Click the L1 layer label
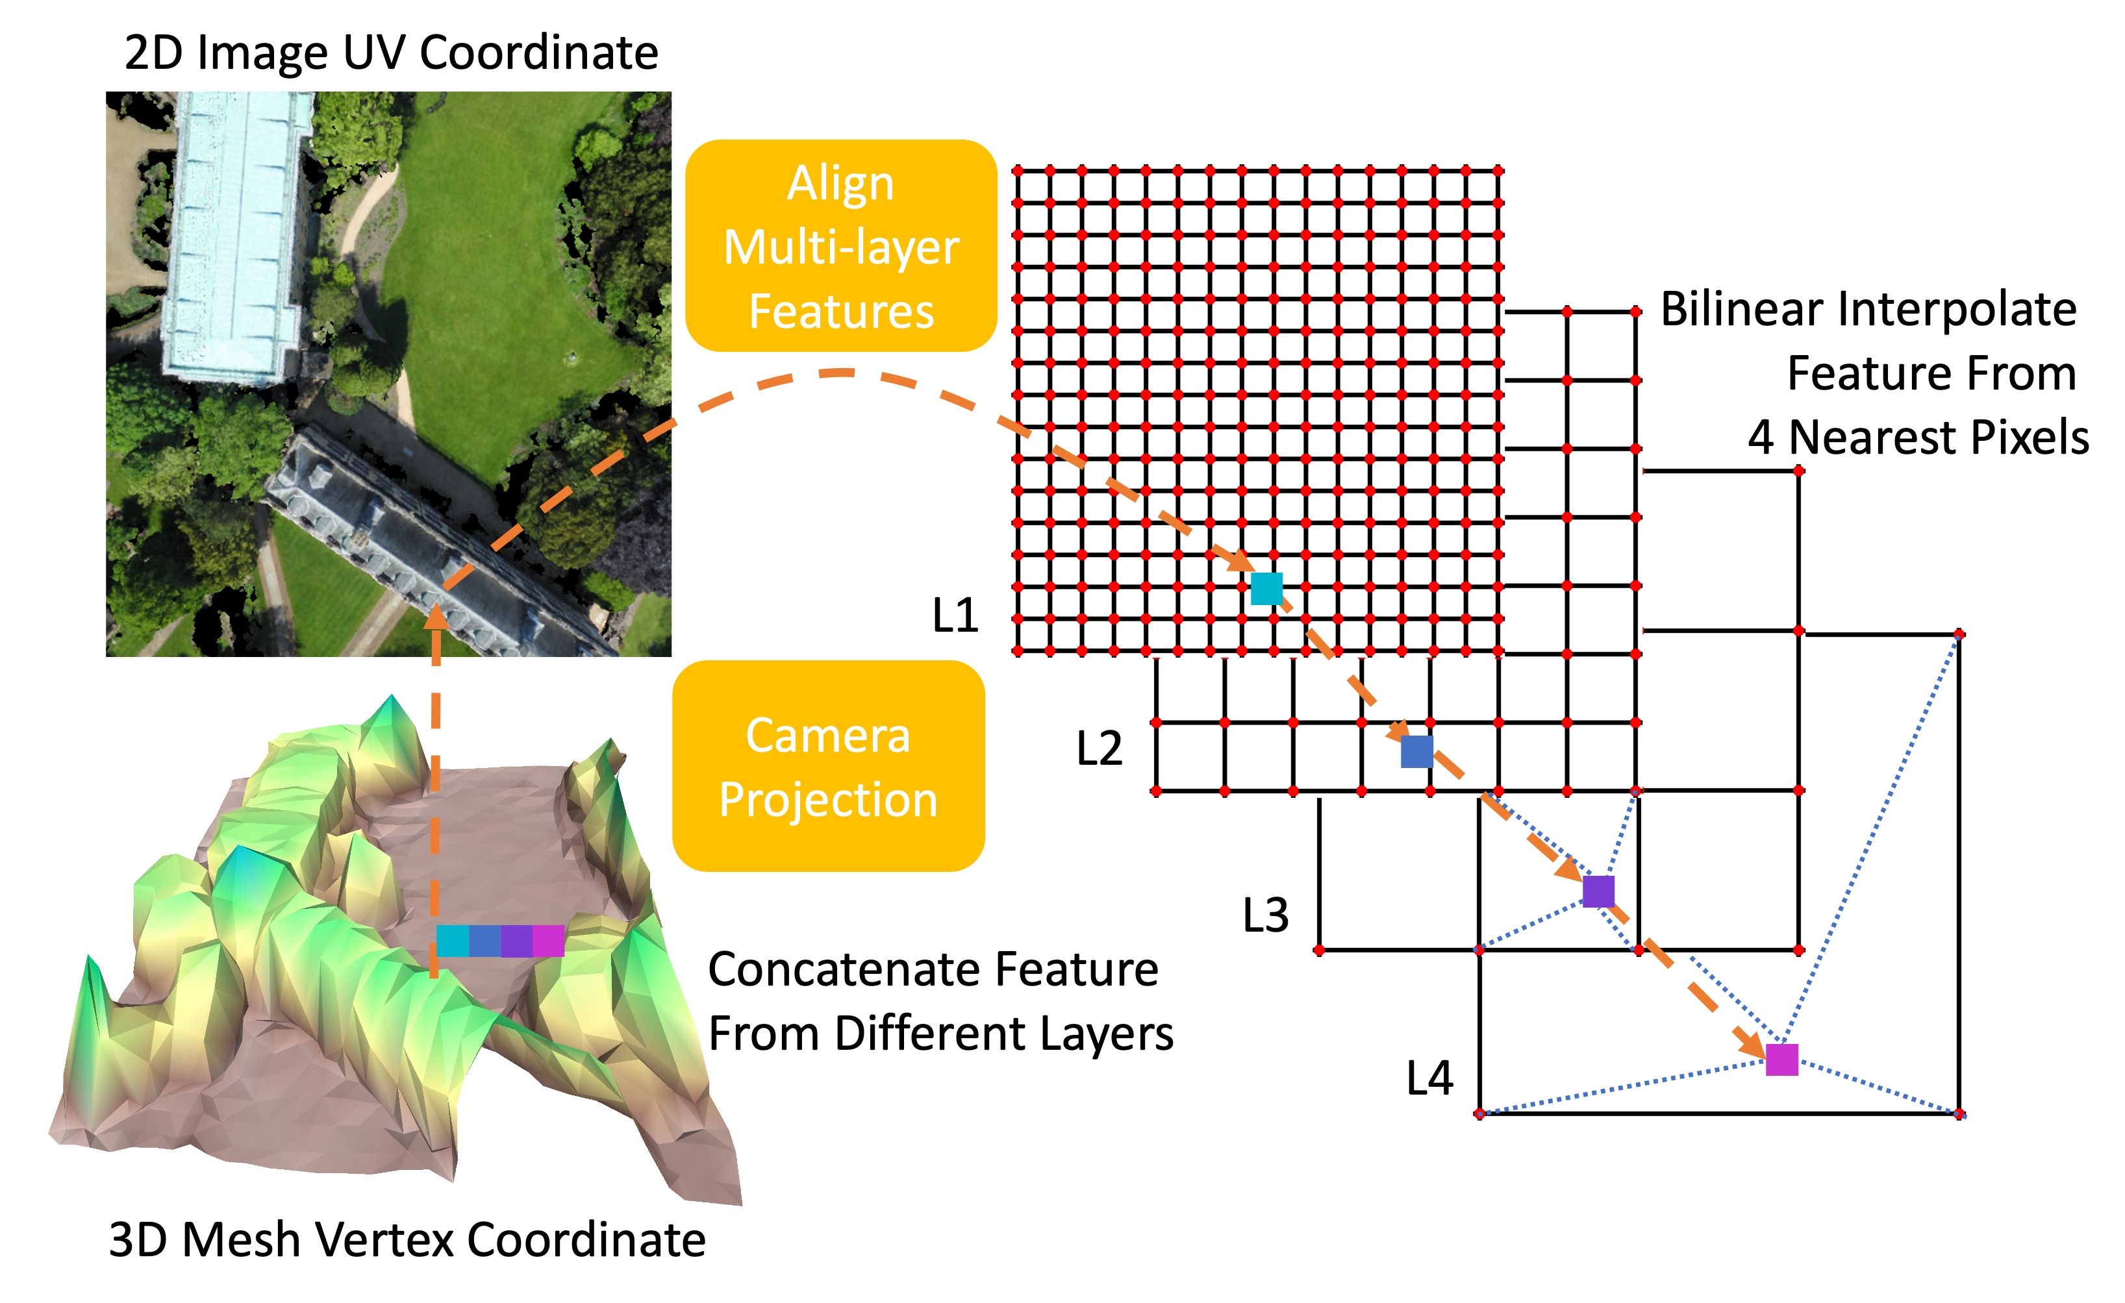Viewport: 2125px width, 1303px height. [x=955, y=615]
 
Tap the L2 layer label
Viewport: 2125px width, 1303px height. [x=1099, y=748]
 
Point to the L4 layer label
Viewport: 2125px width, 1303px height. [x=1429, y=1078]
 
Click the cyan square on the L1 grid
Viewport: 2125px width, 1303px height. [x=1266, y=588]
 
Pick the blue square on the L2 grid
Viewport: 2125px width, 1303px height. [x=1417, y=751]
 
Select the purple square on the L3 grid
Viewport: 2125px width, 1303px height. [x=1598, y=891]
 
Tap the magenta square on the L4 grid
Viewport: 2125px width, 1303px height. [x=1781, y=1060]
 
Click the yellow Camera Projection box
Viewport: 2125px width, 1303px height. [x=828, y=767]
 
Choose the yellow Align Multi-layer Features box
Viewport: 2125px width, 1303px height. [x=841, y=246]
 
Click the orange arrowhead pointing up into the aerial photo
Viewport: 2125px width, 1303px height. [x=436, y=617]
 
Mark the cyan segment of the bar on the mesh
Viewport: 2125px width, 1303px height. [x=452, y=941]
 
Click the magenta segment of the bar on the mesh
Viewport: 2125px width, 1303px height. [x=549, y=941]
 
